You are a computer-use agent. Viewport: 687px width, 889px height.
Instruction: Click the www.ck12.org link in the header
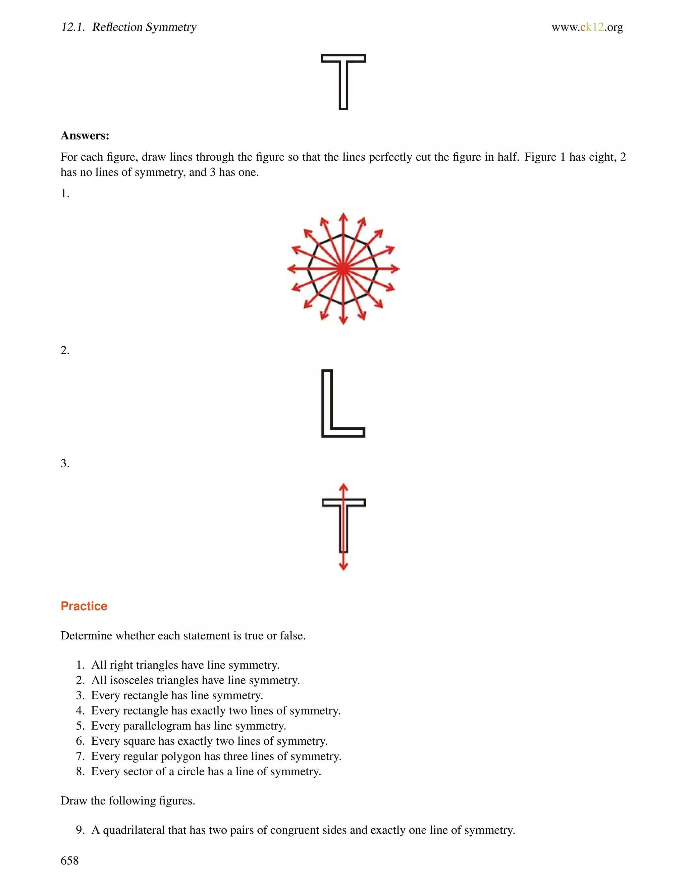(587, 27)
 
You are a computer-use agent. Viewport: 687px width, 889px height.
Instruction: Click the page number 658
(69, 860)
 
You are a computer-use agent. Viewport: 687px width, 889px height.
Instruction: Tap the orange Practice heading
(84, 606)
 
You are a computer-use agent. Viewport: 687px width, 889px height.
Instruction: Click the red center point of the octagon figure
(343, 269)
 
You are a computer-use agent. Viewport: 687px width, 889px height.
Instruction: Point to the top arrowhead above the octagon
(343, 216)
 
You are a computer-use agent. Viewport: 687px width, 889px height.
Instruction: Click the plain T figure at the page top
(343, 82)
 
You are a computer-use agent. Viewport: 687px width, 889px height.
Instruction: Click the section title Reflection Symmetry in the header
(145, 27)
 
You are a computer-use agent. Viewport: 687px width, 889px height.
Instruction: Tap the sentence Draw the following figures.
(128, 801)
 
